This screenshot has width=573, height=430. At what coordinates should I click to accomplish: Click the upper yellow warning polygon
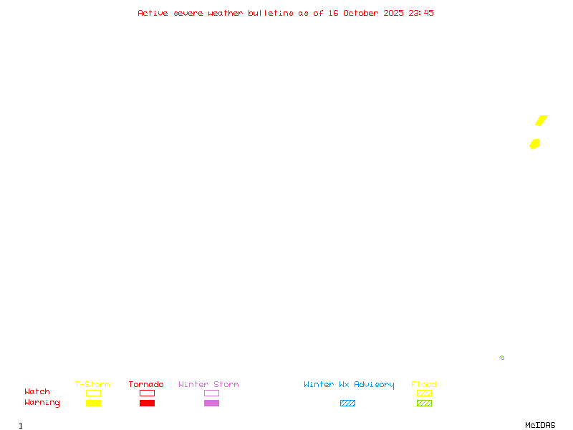click(541, 120)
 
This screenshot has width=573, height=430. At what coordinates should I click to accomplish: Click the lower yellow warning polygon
click(534, 144)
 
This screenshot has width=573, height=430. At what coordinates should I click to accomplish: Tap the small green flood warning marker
click(502, 358)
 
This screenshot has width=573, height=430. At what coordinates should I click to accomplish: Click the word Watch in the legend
click(37, 391)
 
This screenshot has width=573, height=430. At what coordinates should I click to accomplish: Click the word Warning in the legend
click(42, 403)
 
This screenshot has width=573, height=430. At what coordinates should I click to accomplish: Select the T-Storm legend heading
click(92, 384)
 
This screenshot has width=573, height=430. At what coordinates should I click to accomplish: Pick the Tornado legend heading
click(146, 384)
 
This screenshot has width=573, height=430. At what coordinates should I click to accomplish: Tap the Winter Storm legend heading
click(208, 384)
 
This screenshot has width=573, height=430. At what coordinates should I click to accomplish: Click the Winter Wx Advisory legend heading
click(349, 385)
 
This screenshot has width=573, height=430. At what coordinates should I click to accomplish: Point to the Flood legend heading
click(424, 384)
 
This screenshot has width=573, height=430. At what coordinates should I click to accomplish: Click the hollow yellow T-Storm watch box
click(94, 393)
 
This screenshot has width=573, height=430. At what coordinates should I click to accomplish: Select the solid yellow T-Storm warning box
click(94, 403)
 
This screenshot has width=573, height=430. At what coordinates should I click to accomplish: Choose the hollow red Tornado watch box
click(148, 393)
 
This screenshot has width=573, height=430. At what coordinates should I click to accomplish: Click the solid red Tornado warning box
click(148, 403)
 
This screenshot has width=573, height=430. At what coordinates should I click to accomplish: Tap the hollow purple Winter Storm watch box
click(211, 393)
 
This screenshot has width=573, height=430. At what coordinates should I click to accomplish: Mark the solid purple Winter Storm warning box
click(211, 403)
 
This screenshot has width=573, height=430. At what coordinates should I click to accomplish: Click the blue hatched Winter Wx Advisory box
click(347, 403)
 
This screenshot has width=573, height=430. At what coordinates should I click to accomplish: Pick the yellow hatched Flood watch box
click(424, 393)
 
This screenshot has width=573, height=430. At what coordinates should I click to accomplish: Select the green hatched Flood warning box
click(424, 403)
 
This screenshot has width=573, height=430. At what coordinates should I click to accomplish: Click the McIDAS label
click(540, 425)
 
